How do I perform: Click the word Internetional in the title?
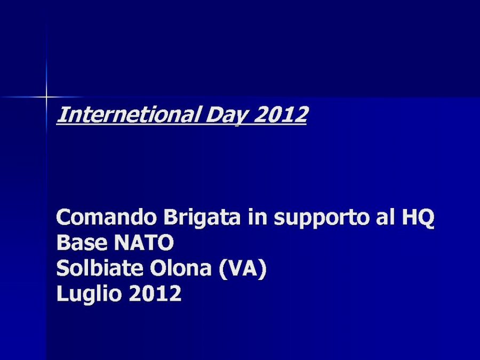pos(129,114)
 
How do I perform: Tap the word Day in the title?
pos(226,115)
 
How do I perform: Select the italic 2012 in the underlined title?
pos(280,114)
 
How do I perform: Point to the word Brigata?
pos(202,218)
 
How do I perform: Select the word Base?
pos(82,243)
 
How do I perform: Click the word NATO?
pos(143,243)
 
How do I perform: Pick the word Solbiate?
pos(100,268)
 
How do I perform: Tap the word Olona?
pos(181,268)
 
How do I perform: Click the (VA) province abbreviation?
pos(243,269)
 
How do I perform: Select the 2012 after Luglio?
pos(155,293)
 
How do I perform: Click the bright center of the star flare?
pos(46,98)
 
